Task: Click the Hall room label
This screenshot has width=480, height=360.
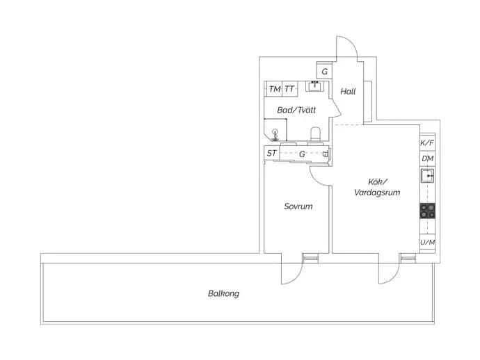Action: (x=348, y=91)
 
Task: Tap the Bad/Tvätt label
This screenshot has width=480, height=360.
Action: (x=296, y=110)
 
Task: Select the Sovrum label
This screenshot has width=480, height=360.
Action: (x=298, y=206)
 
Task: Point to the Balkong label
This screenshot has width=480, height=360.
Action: (x=223, y=293)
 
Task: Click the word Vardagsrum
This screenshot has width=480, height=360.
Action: (x=377, y=193)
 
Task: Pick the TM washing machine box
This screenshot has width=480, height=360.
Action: (x=274, y=89)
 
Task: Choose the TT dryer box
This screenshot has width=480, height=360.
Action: (x=289, y=89)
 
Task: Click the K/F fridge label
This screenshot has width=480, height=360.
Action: (x=427, y=142)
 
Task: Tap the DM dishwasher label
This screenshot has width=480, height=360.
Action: (x=427, y=158)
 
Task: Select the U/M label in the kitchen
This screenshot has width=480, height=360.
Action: (x=427, y=243)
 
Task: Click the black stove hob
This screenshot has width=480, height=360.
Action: (x=427, y=211)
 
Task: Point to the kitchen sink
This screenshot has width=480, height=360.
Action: (x=427, y=176)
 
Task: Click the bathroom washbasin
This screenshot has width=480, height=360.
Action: (x=314, y=86)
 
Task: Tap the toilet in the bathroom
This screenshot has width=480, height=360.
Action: (x=315, y=134)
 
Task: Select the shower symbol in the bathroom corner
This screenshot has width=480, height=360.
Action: (x=275, y=135)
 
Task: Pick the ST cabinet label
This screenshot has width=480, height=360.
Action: (x=271, y=153)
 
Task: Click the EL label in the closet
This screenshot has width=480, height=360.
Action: (x=326, y=153)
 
